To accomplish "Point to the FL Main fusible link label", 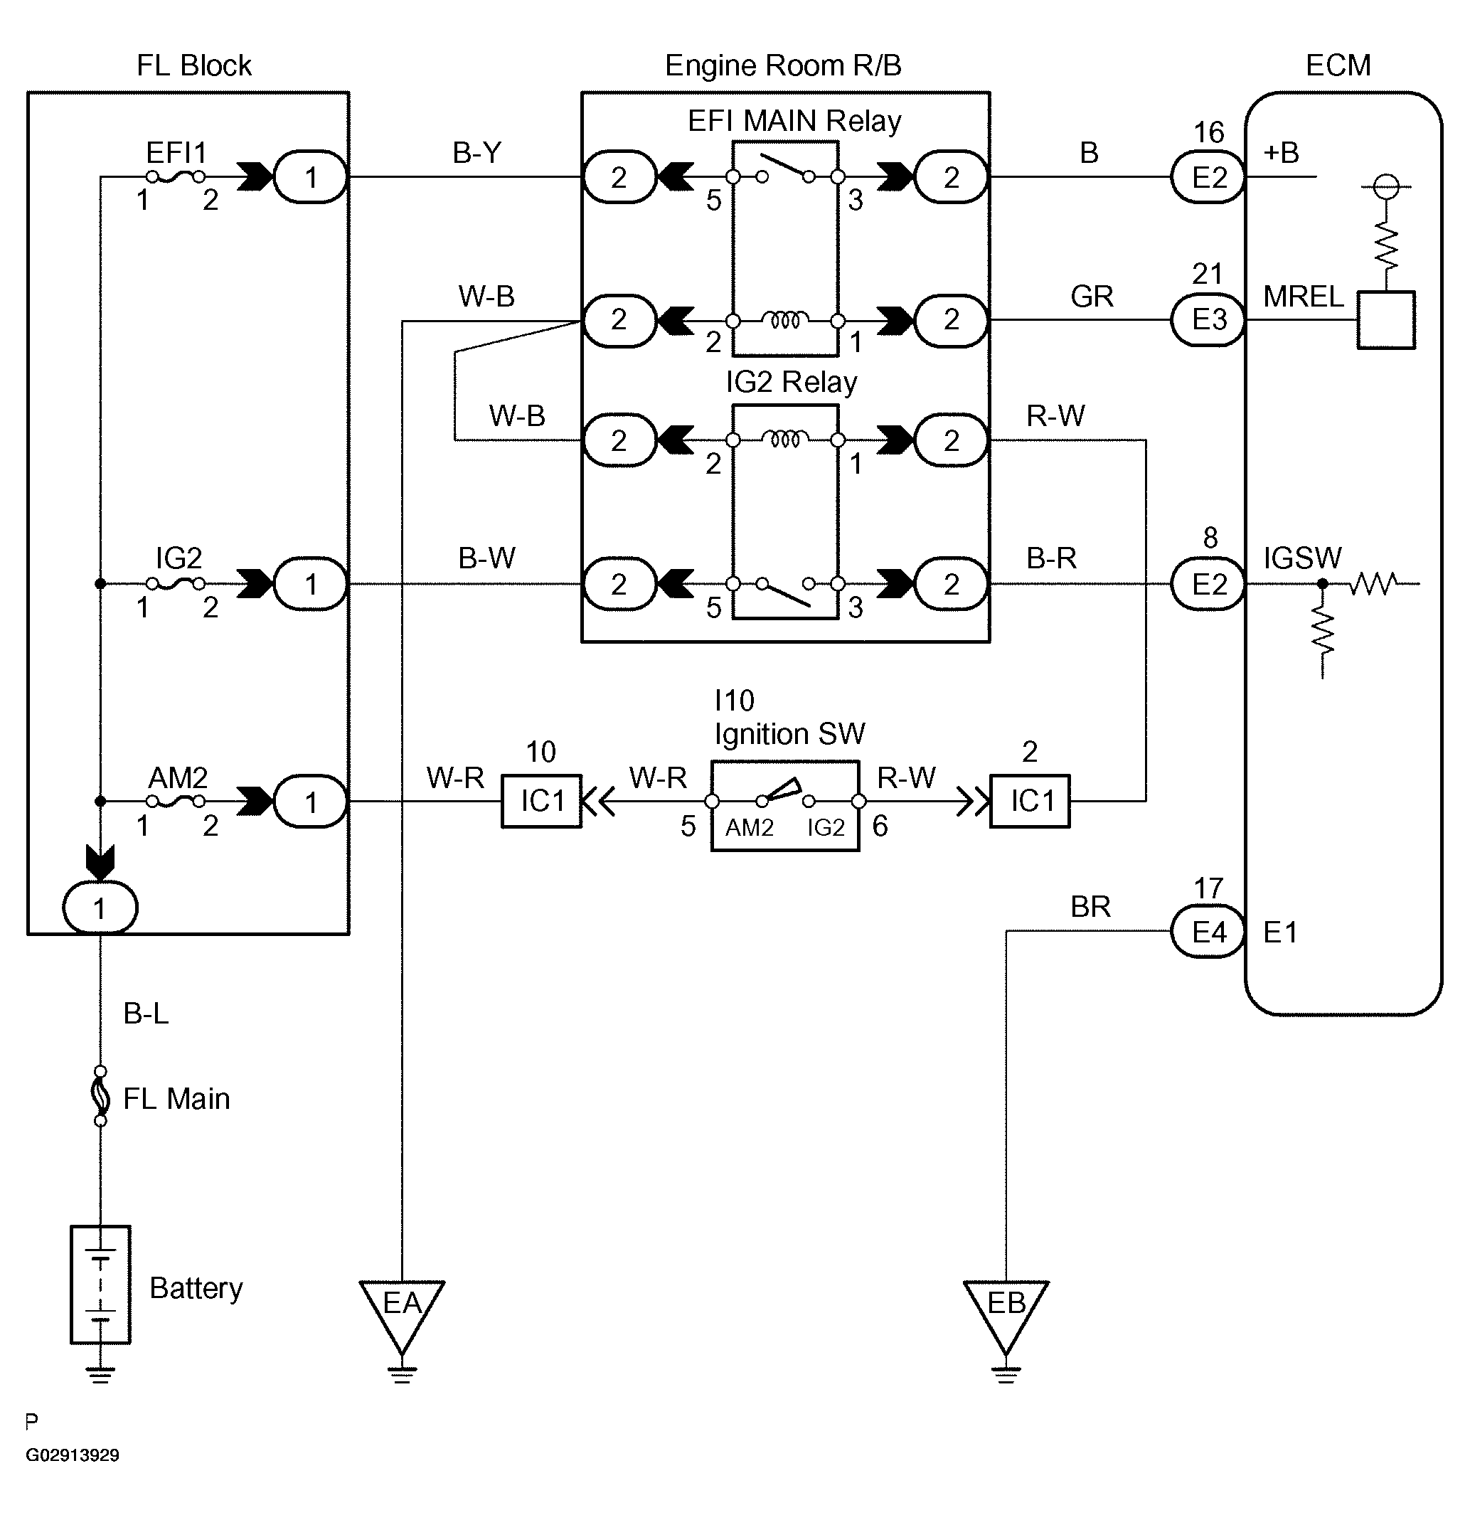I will [x=176, y=1099].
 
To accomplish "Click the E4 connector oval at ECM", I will [x=1208, y=932].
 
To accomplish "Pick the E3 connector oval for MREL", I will [x=1208, y=319].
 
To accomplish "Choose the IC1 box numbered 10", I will [x=542, y=802].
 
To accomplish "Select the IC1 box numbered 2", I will [x=1030, y=802].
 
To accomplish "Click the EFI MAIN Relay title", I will [x=794, y=122].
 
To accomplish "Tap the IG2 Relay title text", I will [x=792, y=382].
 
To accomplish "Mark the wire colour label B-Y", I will [x=477, y=153].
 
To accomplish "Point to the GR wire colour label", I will [x=1091, y=296].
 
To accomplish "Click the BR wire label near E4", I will [x=1090, y=907].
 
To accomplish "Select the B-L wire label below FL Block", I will [x=146, y=1014].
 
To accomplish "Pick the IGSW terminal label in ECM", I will [x=1302, y=558].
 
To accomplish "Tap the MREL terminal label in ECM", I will [x=1303, y=297].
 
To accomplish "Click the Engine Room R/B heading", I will [x=783, y=65].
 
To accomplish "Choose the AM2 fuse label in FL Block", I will [x=178, y=777].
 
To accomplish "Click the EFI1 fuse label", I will [x=176, y=153].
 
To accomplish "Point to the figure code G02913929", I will [x=73, y=1455].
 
